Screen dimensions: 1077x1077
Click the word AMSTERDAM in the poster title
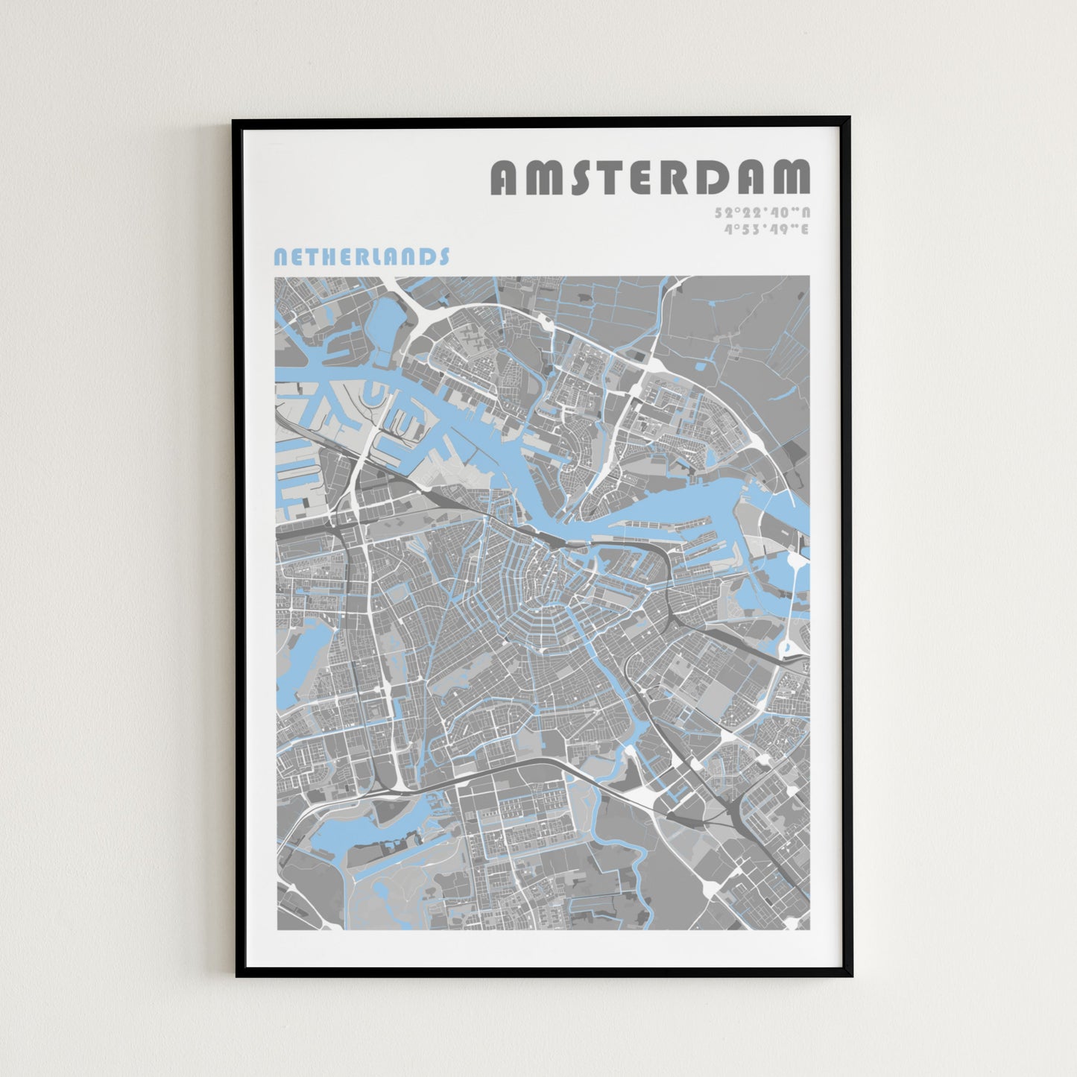pos(650,177)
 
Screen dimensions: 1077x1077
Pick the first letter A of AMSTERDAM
pos(505,177)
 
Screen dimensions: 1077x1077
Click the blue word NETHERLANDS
pos(361,257)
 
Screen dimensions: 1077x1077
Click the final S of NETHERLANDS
pos(444,257)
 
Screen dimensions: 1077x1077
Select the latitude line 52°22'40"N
pos(762,212)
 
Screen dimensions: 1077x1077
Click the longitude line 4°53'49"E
pos(766,229)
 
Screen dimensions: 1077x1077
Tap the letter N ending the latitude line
pos(806,212)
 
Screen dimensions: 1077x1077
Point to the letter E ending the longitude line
pos(806,229)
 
